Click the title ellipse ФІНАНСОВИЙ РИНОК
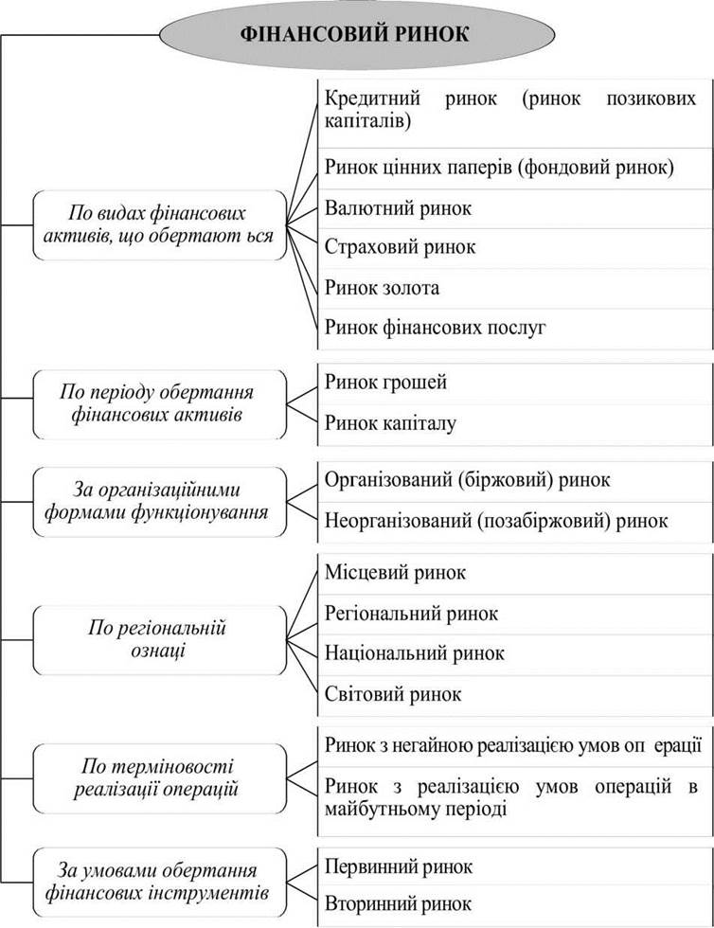click(357, 34)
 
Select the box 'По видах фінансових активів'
click(160, 225)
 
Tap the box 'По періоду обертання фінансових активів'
click(160, 404)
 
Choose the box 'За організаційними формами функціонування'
click(160, 502)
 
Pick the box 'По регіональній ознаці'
click(160, 640)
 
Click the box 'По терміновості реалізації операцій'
click(160, 778)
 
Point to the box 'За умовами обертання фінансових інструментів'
click(160, 882)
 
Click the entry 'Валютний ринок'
click(398, 208)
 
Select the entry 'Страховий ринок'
click(400, 247)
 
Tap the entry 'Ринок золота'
click(382, 288)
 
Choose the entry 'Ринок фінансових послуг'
click(435, 327)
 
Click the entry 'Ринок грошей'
click(385, 383)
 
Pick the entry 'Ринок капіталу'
click(390, 423)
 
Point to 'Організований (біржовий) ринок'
click(467, 479)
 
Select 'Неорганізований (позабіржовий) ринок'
click(496, 521)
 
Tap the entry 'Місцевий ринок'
click(395, 572)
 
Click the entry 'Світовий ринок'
click(393, 693)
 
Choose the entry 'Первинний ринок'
click(399, 867)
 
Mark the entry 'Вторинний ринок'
click(398, 903)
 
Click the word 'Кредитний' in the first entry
click(372, 98)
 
